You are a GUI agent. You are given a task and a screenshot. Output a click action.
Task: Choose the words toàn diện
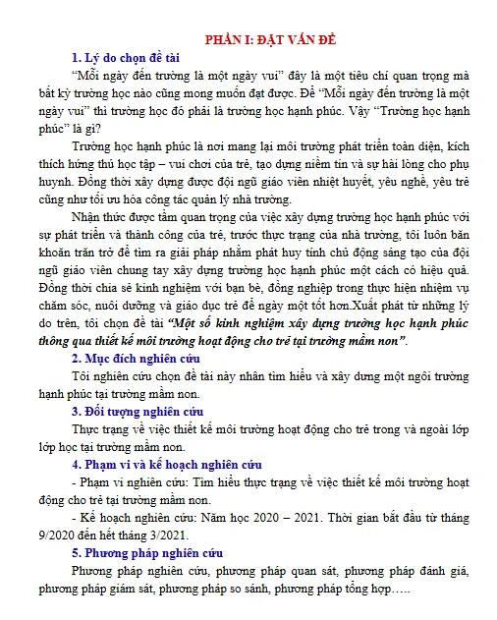tap(418, 145)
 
